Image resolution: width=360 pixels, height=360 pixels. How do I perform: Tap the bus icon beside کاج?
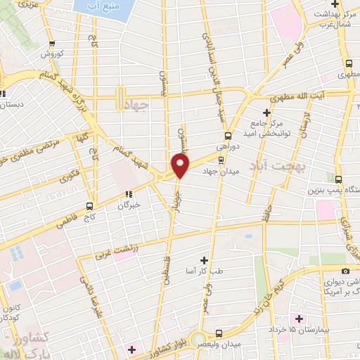tap(89, 206)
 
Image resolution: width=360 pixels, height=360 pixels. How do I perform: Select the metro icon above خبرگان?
tap(128, 194)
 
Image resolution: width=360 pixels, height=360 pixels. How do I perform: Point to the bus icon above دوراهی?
tap(227, 136)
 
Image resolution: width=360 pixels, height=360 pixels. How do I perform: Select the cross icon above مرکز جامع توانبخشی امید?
tap(266, 112)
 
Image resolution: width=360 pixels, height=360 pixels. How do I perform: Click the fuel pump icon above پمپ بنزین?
tap(339, 179)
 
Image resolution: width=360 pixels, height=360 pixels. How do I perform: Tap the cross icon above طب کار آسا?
tap(205, 260)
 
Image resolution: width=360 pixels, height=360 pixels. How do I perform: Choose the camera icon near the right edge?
tap(345, 271)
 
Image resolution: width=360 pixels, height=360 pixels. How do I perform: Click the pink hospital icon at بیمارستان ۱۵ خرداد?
tap(300, 319)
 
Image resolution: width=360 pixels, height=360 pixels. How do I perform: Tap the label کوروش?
tap(51, 54)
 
